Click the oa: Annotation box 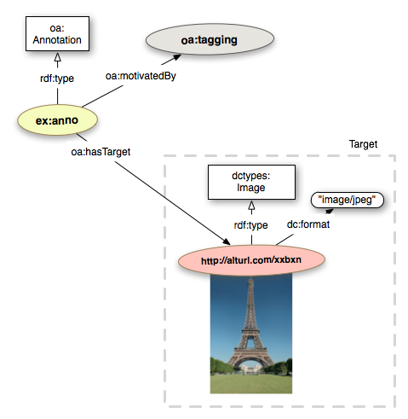tap(57, 34)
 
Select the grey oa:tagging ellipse tap(210, 39)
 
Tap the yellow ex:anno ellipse tap(57, 120)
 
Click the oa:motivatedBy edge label tap(141, 76)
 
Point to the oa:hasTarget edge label tap(101, 152)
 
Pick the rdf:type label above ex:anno tap(57, 79)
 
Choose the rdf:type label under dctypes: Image tap(251, 225)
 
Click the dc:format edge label tap(308, 224)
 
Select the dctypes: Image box tap(251, 182)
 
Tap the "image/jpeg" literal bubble tap(348, 200)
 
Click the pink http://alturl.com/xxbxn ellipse tap(251, 260)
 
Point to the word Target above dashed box tap(363, 144)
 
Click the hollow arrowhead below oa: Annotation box tap(58, 57)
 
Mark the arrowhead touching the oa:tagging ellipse tap(175, 58)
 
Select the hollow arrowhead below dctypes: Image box tap(251, 206)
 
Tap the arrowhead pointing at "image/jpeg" tap(330, 211)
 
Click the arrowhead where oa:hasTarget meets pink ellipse tap(226, 242)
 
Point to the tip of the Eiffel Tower tap(250, 278)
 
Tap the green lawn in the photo tap(251, 384)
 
